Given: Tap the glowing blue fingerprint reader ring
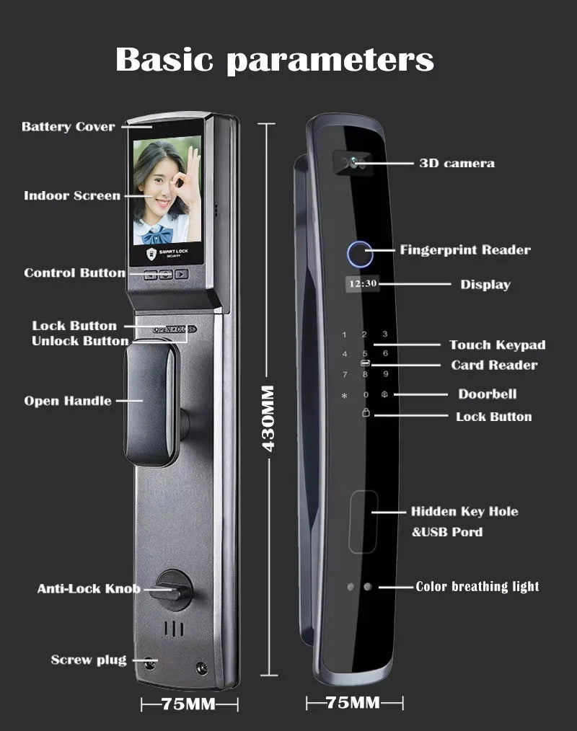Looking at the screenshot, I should pos(357,254).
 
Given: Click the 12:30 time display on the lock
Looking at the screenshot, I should pos(362,283).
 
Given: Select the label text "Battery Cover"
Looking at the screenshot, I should pos(68,127).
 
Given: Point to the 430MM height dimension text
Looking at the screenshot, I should pos(268,418).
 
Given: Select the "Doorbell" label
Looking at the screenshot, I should pos(488,394).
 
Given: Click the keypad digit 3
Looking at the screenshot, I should pos(385,335).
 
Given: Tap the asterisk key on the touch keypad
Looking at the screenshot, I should pos(344,396).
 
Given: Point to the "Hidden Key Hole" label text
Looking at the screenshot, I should pos(464,511).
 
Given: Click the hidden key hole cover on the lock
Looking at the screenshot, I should pos(363,520).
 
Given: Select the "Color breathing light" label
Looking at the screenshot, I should pos(477,586).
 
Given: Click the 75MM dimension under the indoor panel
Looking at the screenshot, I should pos(190,703).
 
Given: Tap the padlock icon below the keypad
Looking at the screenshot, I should pos(365,414).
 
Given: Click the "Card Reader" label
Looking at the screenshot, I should pos(494,365).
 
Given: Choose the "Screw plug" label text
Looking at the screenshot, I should pos(89,660).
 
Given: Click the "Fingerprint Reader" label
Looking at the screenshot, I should pos(465,250).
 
